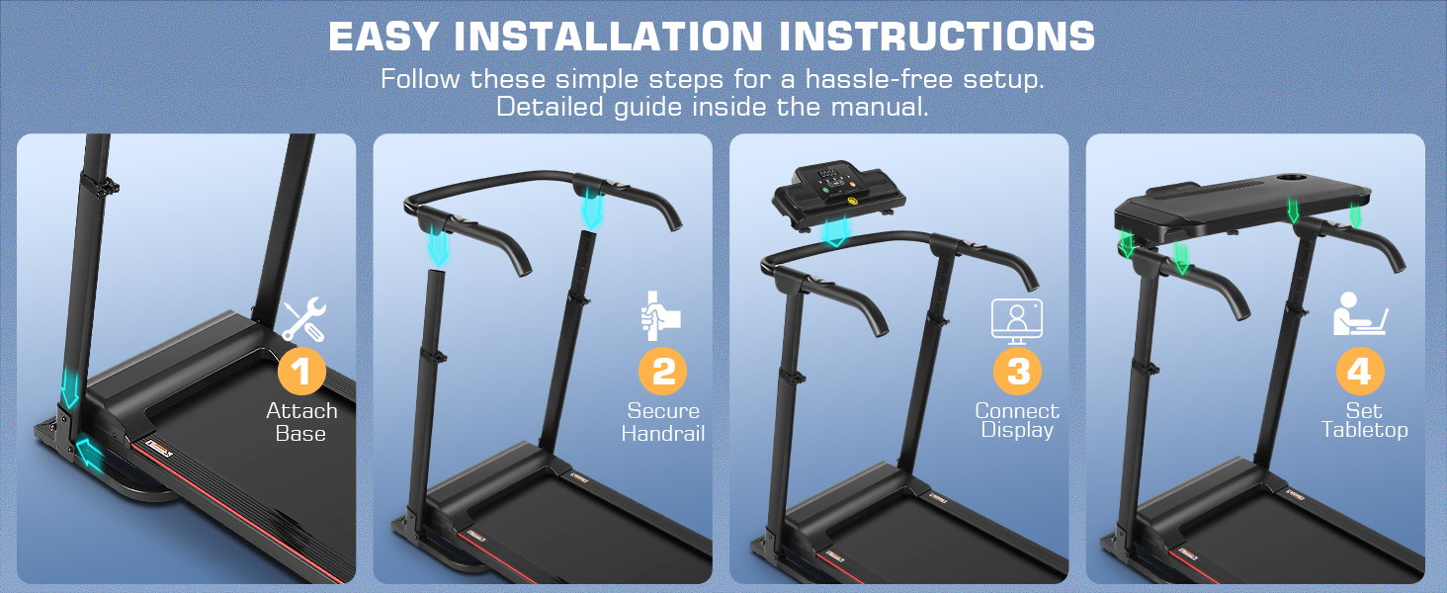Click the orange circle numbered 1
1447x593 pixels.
tap(301, 371)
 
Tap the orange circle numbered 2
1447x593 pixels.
tap(663, 371)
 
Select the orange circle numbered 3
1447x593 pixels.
tap(1017, 371)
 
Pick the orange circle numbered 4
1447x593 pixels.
tap(1360, 371)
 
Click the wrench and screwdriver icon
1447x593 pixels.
tap(303, 319)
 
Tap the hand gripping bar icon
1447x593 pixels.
tap(659, 316)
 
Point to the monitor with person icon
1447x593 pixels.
tap(1017, 321)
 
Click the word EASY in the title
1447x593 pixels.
tap(383, 37)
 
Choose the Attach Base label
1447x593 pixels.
tap(301, 422)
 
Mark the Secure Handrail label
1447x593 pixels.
tap(663, 422)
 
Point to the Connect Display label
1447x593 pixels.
tap(1017, 420)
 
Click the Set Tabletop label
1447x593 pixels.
tap(1364, 420)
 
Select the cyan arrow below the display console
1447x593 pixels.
tap(836, 232)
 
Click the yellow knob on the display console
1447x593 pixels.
tap(854, 201)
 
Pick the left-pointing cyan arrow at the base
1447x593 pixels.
tap(89, 452)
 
